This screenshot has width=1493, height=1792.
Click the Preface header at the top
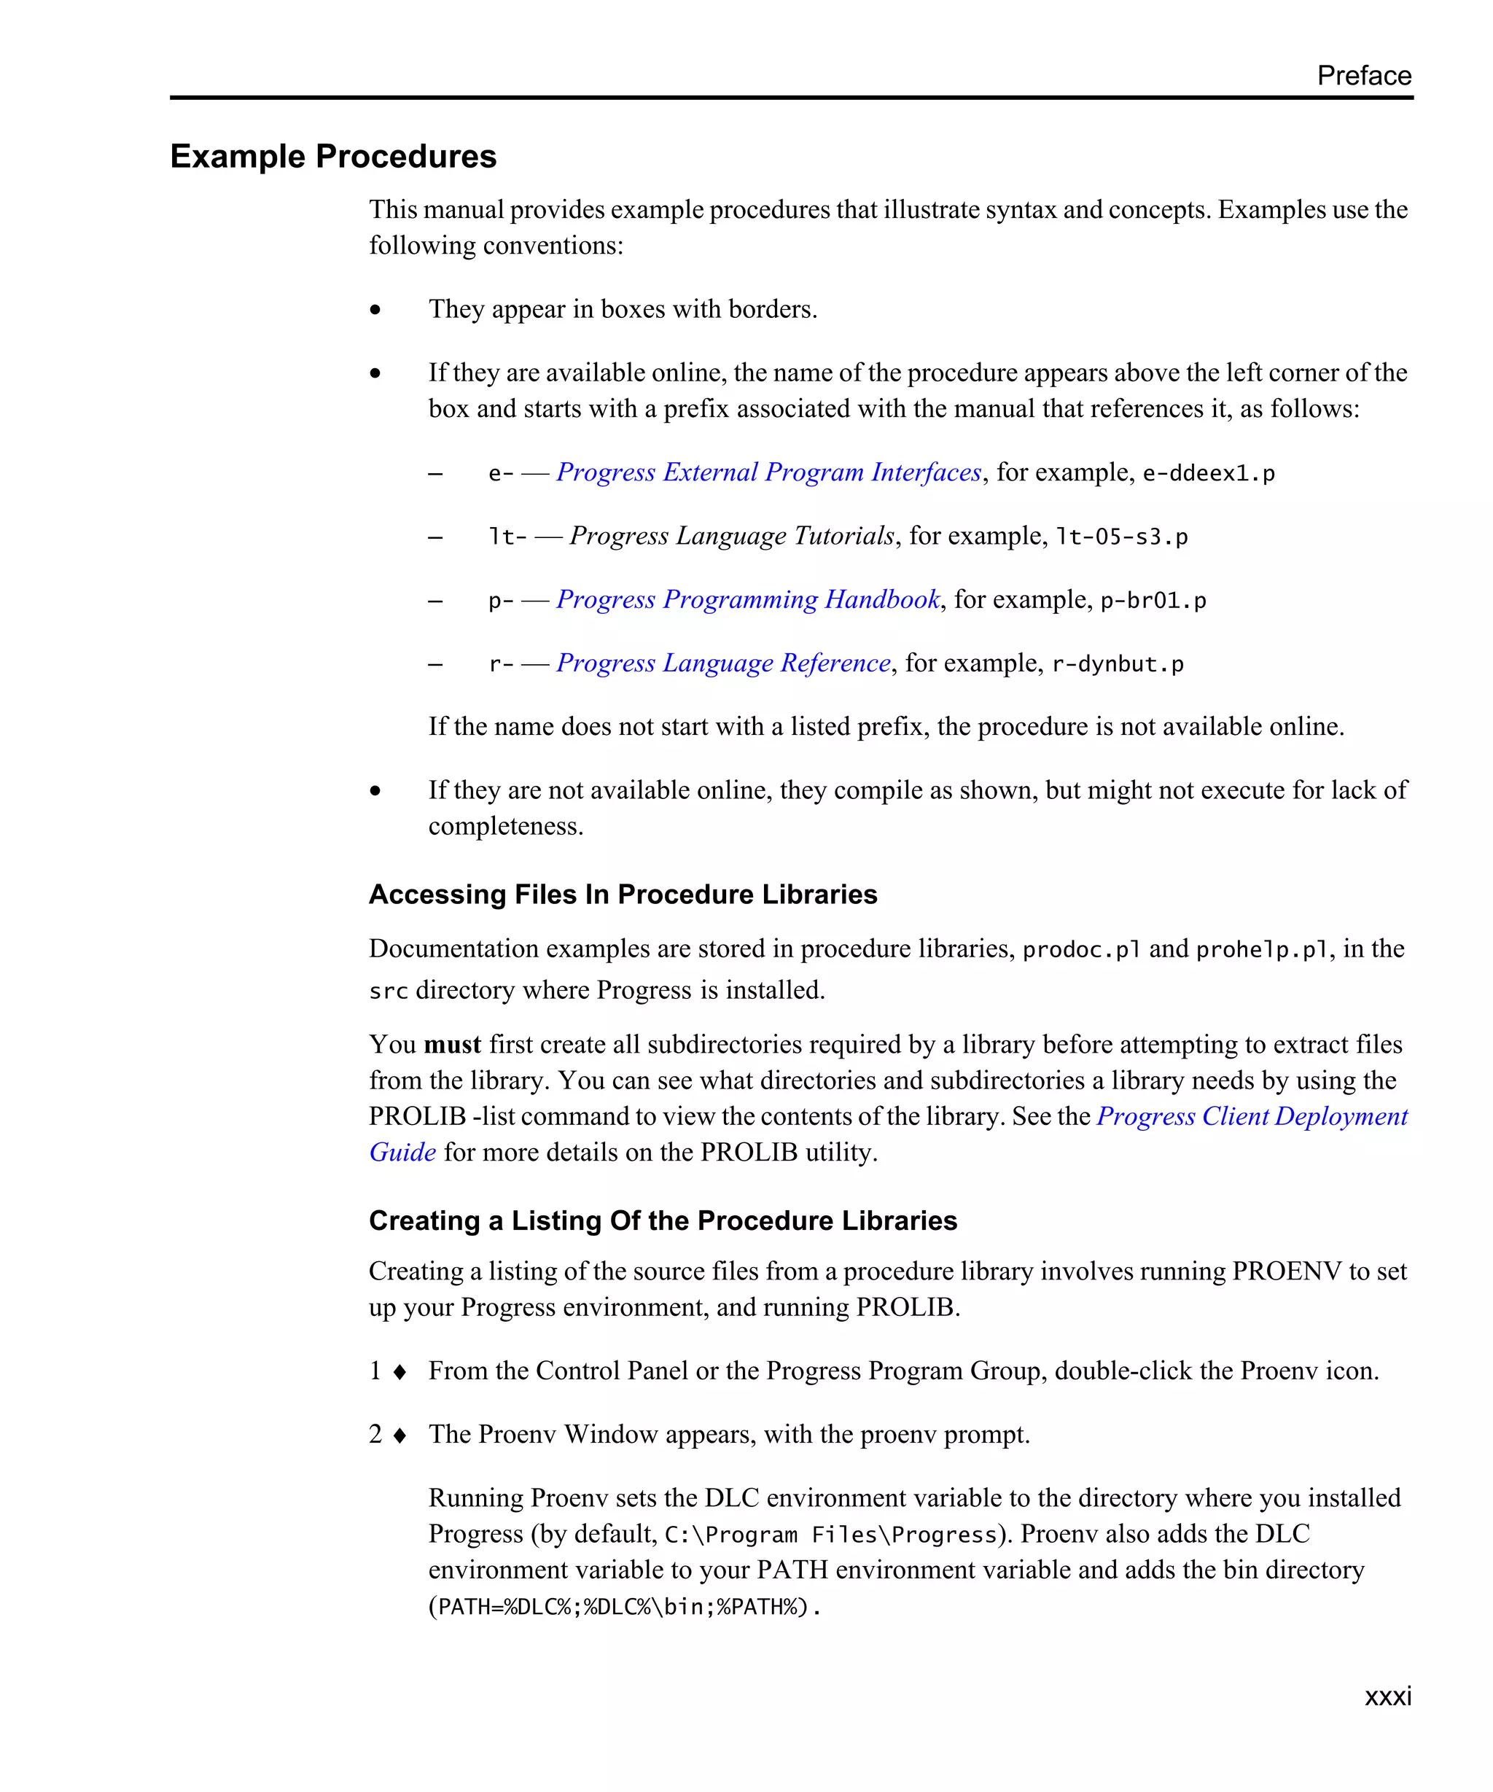(x=1363, y=75)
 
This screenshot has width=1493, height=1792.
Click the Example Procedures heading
(x=332, y=156)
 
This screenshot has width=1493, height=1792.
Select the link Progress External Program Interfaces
(x=768, y=472)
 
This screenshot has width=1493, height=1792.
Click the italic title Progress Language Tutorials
(x=731, y=536)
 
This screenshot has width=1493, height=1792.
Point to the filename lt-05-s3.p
(x=1121, y=537)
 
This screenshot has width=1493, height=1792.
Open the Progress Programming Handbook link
(x=747, y=599)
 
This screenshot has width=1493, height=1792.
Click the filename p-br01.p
(x=1153, y=601)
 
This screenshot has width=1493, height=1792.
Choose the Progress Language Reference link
(x=722, y=663)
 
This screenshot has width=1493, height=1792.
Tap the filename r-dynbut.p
(x=1117, y=665)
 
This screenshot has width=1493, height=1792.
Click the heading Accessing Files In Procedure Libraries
(x=623, y=895)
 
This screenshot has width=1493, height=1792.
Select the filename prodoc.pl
(x=1080, y=950)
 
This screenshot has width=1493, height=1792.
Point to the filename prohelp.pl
(x=1261, y=950)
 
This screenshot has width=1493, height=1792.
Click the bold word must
(x=452, y=1045)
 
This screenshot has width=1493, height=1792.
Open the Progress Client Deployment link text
(x=1251, y=1116)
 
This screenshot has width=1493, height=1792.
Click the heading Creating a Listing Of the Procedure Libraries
(x=662, y=1220)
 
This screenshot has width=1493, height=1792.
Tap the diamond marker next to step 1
(x=399, y=1372)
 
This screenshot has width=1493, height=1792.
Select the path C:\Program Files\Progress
(x=830, y=1535)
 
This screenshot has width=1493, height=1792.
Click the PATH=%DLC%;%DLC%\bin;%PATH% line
(x=623, y=1608)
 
